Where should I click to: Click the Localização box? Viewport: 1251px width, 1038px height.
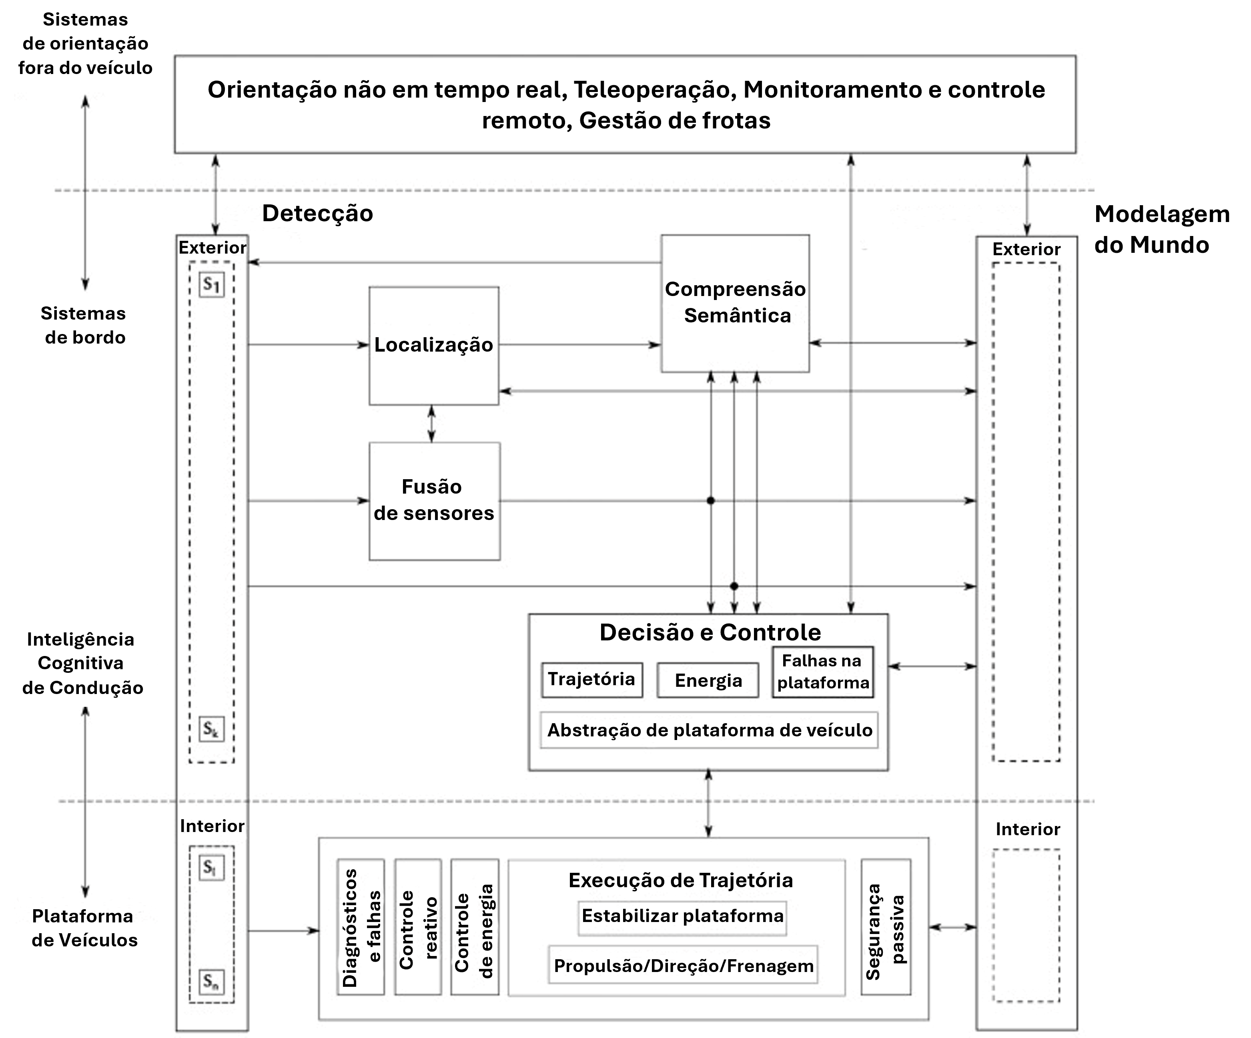434,346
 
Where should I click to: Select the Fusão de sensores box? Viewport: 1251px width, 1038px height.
434,500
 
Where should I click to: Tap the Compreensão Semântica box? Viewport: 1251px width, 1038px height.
735,303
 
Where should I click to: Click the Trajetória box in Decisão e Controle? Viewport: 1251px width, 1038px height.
591,680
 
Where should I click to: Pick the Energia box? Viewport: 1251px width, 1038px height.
708,680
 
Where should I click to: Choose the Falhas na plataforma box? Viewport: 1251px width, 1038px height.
823,672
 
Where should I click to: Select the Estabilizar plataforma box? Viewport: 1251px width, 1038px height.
682,916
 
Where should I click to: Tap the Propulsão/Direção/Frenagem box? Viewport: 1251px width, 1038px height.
683,965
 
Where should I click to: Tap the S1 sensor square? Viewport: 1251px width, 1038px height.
211,285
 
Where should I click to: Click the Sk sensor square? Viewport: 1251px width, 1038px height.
211,728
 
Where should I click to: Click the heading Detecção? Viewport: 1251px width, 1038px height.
317,213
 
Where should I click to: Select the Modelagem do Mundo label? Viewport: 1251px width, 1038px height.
1162,229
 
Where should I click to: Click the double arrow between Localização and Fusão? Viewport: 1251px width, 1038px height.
432,424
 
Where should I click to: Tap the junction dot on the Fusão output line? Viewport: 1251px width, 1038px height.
711,500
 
